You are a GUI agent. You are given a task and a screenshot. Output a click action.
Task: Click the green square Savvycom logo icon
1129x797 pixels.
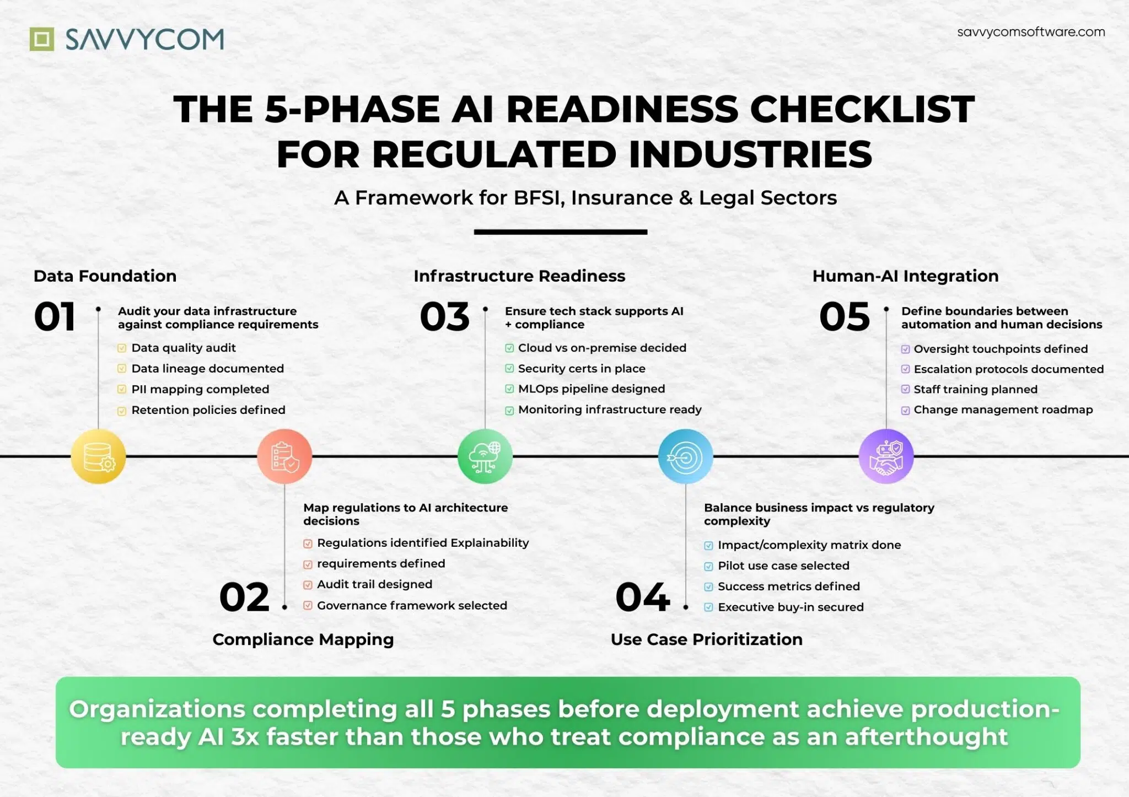42,39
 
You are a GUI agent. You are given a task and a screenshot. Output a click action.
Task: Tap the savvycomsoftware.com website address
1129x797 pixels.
1031,32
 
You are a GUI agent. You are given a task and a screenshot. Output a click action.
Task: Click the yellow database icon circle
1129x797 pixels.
98,456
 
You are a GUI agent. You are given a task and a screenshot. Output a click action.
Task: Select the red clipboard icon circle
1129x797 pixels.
284,456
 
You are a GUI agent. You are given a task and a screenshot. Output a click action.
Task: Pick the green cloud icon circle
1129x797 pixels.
485,456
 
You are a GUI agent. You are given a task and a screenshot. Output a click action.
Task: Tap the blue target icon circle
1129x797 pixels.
685,456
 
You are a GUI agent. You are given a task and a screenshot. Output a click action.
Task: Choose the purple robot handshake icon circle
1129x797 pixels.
886,456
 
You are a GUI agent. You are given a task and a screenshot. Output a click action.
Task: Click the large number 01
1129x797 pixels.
55,317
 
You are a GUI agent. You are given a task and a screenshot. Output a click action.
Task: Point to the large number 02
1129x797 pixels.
244,597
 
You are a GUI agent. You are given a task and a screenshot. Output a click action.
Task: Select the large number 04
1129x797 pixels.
642,597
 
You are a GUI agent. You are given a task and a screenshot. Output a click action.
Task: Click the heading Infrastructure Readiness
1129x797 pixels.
519,276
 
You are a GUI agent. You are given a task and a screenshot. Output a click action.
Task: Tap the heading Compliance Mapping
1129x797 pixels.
303,639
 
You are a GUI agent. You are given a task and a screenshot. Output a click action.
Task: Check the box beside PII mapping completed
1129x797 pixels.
122,390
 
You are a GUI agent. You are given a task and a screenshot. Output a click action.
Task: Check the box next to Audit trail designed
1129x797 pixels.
308,585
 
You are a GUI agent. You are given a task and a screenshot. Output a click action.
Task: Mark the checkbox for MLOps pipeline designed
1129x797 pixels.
509,389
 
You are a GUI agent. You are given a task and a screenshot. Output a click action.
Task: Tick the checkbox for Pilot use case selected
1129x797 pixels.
708,566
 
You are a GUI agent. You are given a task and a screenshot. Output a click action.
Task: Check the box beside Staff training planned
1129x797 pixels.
905,390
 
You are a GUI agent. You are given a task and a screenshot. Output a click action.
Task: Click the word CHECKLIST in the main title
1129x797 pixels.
862,109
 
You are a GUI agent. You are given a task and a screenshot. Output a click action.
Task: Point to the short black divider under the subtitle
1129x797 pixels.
560,232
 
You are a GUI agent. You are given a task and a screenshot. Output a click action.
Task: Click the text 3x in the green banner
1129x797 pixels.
244,737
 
